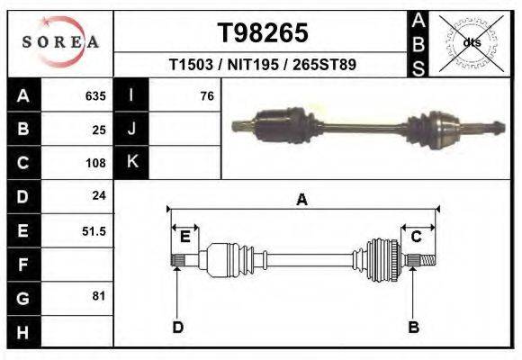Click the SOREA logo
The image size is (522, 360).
[60, 42]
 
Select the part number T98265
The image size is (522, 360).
[263, 33]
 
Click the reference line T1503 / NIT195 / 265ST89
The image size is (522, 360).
[263, 66]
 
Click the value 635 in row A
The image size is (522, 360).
[95, 96]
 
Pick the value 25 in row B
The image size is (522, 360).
[99, 130]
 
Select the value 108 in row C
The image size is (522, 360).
[95, 163]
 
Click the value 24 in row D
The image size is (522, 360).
[99, 195]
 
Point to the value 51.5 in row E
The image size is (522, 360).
[94, 230]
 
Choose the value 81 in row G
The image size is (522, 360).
[99, 296]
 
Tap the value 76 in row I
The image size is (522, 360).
[206, 96]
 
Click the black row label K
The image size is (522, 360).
[131, 163]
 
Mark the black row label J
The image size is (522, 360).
[131, 130]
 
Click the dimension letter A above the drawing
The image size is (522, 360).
[301, 200]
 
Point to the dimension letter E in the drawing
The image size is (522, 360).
[184, 237]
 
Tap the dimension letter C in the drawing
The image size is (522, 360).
[417, 237]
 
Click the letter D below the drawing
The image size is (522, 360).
[177, 327]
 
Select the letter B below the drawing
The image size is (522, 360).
[413, 327]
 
